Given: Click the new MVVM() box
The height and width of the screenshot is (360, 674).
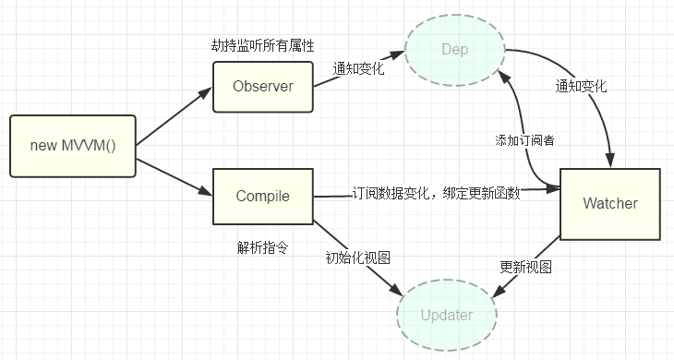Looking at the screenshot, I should pyautogui.click(x=72, y=146).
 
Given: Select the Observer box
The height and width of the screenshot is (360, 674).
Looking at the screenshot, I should pyautogui.click(x=263, y=87).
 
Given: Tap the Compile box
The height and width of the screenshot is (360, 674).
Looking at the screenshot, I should pyautogui.click(x=263, y=196).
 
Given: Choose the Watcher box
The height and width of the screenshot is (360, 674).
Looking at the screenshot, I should pyautogui.click(x=610, y=202).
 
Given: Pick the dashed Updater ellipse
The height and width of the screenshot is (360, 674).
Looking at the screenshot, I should pyautogui.click(x=446, y=315).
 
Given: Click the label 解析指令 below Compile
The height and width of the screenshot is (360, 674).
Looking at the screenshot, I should pyautogui.click(x=263, y=247).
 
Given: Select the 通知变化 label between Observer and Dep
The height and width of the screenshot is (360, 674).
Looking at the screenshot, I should pyautogui.click(x=360, y=68).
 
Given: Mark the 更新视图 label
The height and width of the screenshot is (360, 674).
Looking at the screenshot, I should pyautogui.click(x=525, y=267).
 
